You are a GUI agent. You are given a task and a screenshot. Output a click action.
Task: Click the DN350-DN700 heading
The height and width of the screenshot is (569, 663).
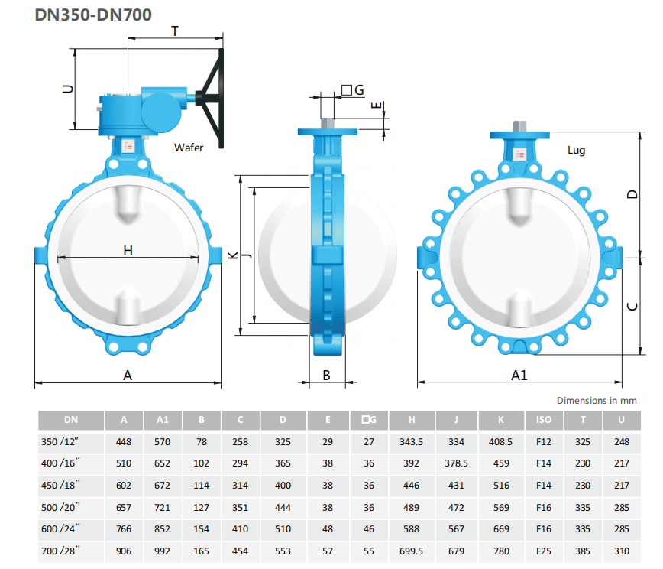pyautogui.click(x=93, y=15)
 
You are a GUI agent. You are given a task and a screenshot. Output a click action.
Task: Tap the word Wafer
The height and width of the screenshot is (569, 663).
pyautogui.click(x=189, y=148)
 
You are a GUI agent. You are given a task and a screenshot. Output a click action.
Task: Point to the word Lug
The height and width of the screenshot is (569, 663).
pyautogui.click(x=577, y=151)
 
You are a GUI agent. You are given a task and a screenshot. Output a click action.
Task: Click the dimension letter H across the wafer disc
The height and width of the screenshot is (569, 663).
pyautogui.click(x=128, y=251)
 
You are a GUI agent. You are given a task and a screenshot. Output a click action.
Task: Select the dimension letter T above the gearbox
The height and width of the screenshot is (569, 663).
pyautogui.click(x=175, y=31)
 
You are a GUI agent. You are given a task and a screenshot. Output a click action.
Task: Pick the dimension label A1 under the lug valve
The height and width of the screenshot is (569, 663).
pyautogui.click(x=519, y=375)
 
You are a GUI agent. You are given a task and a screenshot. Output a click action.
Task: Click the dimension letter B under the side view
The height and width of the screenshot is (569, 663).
pyautogui.click(x=326, y=375)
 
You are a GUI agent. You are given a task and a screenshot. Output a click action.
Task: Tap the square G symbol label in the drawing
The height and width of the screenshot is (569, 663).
pyautogui.click(x=353, y=89)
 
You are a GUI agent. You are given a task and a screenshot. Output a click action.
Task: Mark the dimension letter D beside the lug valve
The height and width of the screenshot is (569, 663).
pyautogui.click(x=632, y=194)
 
